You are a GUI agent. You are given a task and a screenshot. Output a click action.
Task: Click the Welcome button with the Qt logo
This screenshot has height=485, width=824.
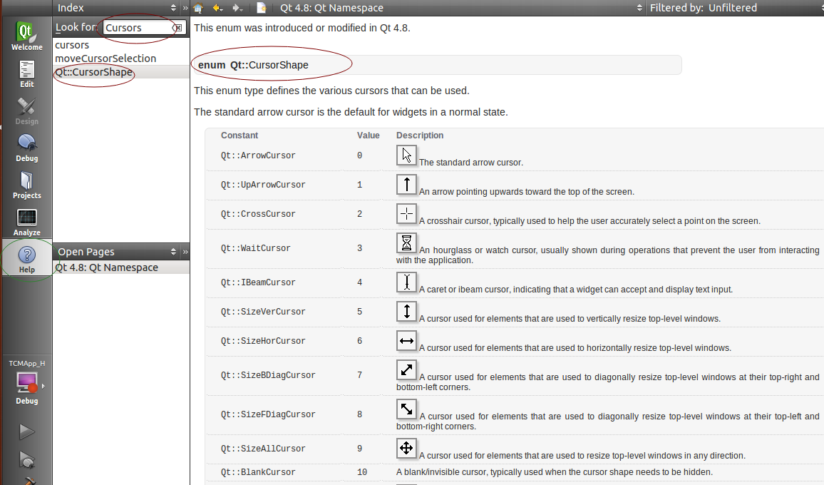(26, 36)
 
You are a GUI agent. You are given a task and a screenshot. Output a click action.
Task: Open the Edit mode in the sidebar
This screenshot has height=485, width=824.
(27, 73)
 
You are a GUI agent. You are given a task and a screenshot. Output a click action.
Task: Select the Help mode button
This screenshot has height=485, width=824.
(27, 260)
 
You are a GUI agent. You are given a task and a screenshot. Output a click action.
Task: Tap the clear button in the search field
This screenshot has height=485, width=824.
(177, 28)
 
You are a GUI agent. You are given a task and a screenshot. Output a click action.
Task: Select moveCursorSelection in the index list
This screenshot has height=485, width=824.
(105, 58)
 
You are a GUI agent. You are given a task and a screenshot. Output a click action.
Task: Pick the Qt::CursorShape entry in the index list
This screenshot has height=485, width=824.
(93, 72)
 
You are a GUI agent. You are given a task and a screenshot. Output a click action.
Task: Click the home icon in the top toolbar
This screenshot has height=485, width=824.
(198, 8)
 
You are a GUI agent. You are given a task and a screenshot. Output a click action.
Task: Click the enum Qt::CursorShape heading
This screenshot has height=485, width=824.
(253, 65)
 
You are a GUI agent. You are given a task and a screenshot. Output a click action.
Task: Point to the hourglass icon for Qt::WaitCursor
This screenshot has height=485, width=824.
(406, 243)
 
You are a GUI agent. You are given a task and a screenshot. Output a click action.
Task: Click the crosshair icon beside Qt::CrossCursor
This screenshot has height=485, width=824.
(406, 213)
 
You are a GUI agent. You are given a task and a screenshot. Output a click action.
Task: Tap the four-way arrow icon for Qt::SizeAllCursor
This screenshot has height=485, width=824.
(406, 448)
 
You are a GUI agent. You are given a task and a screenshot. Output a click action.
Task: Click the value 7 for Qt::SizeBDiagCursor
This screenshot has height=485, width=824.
(359, 375)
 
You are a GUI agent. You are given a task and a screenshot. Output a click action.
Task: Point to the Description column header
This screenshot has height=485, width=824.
(420, 136)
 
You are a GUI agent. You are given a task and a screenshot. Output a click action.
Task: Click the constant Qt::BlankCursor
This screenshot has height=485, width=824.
(258, 472)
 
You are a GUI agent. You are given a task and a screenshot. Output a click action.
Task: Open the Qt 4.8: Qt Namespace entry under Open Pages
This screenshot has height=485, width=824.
(107, 267)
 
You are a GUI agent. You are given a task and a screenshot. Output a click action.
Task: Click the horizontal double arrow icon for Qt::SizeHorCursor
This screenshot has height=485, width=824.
(406, 341)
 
